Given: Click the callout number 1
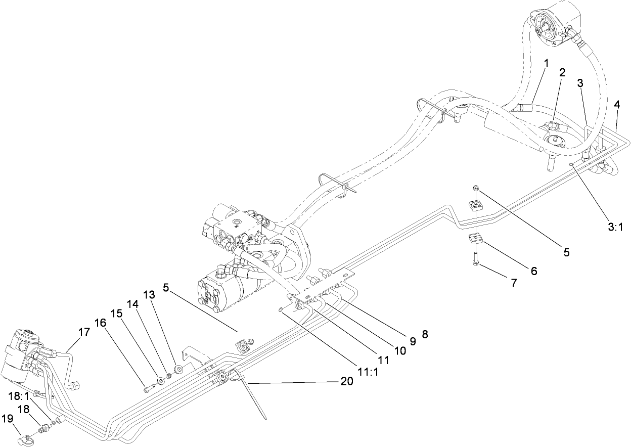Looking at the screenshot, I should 546,63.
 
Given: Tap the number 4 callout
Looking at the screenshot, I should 616,105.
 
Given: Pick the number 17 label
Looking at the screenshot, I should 83,332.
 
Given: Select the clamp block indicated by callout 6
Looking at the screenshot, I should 476,239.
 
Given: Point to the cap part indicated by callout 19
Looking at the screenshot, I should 24,440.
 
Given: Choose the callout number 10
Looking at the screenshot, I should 400,350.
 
